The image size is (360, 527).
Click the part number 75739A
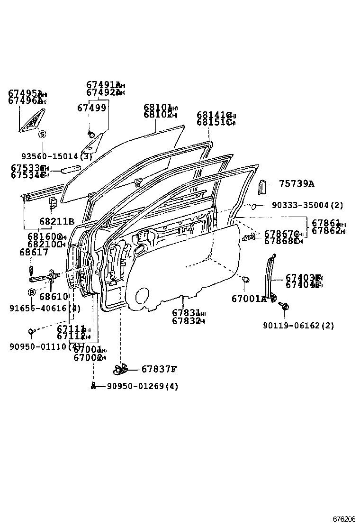(296, 184)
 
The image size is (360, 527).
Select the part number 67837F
(159, 369)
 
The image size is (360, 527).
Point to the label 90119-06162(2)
(298, 326)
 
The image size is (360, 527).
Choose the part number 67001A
(249, 299)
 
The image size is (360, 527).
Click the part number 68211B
(57, 221)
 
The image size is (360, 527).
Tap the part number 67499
(91, 108)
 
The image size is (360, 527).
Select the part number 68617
(34, 253)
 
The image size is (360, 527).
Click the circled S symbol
(42, 135)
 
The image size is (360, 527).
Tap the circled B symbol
(32, 292)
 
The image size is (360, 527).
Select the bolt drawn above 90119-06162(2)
(284, 306)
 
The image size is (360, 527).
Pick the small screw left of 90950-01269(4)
(94, 386)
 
